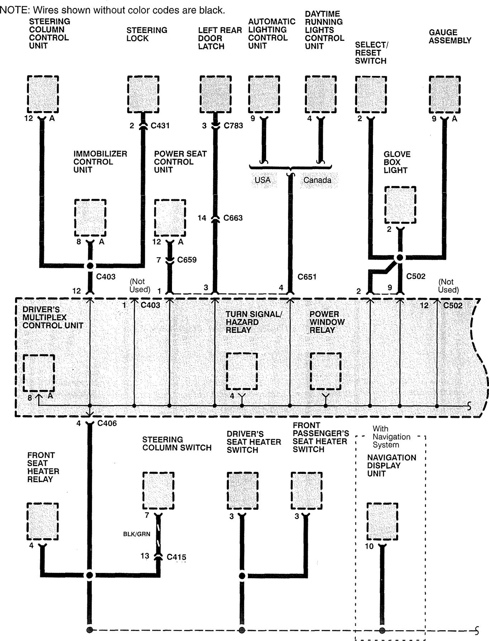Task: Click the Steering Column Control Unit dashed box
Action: click(x=43, y=94)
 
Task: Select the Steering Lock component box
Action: click(x=143, y=94)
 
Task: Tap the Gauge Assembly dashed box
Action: click(x=445, y=94)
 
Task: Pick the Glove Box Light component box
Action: click(x=400, y=205)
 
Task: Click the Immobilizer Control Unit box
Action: click(x=90, y=218)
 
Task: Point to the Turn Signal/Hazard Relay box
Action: click(x=242, y=371)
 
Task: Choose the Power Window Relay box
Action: click(x=326, y=371)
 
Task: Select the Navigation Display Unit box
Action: click(x=382, y=521)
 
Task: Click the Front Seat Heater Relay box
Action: click(x=43, y=521)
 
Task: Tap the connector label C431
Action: click(x=160, y=126)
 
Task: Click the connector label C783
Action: click(x=233, y=126)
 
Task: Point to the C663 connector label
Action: click(x=233, y=218)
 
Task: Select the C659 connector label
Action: click(x=187, y=260)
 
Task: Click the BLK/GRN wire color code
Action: click(x=137, y=534)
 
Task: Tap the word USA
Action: click(x=263, y=180)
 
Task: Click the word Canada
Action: click(x=317, y=180)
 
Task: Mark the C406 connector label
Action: click(x=107, y=424)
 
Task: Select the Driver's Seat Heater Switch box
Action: click(x=242, y=491)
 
